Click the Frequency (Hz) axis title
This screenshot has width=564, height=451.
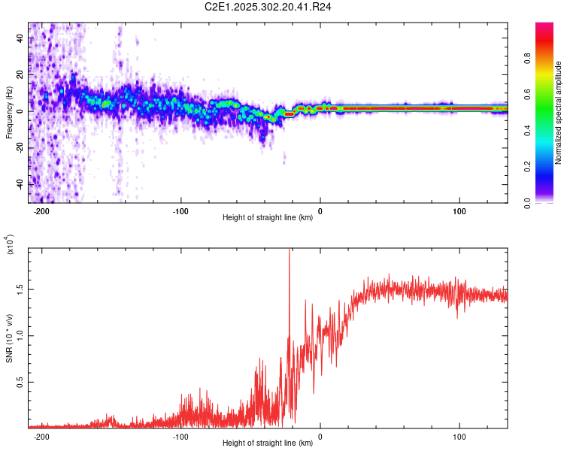(x=9, y=112)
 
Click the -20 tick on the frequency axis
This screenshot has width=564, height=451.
(x=18, y=148)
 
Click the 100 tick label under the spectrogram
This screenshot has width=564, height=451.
(x=459, y=212)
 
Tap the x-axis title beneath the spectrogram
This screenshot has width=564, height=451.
(x=268, y=218)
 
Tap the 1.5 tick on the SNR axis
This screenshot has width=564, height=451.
(x=20, y=289)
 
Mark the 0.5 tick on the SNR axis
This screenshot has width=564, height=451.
(x=20, y=382)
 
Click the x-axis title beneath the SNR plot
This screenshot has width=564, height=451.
(x=268, y=443)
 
